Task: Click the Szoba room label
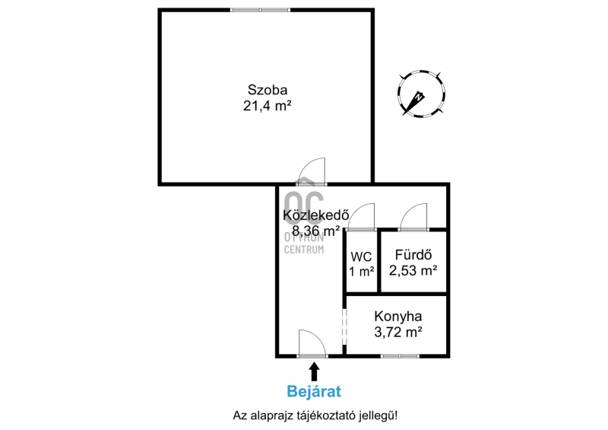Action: (x=268, y=90)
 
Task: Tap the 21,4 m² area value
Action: (x=268, y=106)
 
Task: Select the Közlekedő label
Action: (x=316, y=215)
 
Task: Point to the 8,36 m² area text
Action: (x=316, y=231)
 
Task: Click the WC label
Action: (x=361, y=256)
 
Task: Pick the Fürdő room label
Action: (x=413, y=255)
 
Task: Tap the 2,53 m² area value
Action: (x=413, y=270)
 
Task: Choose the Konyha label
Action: (x=397, y=317)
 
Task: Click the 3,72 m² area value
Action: (x=397, y=333)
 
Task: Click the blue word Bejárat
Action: (x=314, y=391)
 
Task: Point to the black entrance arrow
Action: (x=314, y=371)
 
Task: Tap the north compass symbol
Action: (x=421, y=94)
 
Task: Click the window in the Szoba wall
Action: (x=260, y=10)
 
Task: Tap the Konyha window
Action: (x=400, y=356)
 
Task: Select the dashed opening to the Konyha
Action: (x=344, y=326)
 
